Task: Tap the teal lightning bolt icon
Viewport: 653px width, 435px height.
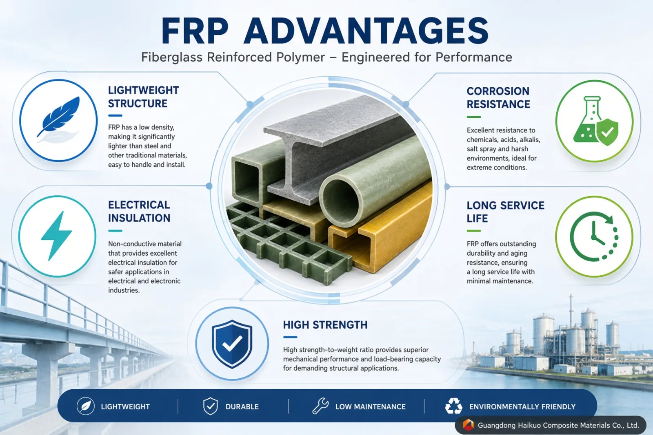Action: [56, 236]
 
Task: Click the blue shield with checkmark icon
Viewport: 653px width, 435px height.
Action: [232, 344]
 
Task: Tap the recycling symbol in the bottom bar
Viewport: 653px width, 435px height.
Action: [453, 406]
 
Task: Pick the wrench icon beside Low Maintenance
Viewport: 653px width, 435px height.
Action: [320, 406]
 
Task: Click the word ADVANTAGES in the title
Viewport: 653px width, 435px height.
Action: [366, 31]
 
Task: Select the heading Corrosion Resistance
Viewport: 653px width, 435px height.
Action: [498, 97]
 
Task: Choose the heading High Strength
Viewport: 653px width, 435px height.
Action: [325, 325]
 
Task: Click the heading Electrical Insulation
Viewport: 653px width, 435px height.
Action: [139, 212]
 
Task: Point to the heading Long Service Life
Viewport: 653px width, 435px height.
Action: [505, 212]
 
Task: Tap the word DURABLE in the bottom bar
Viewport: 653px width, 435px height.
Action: [242, 407]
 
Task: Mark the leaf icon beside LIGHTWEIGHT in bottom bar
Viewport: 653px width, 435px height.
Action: [85, 406]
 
